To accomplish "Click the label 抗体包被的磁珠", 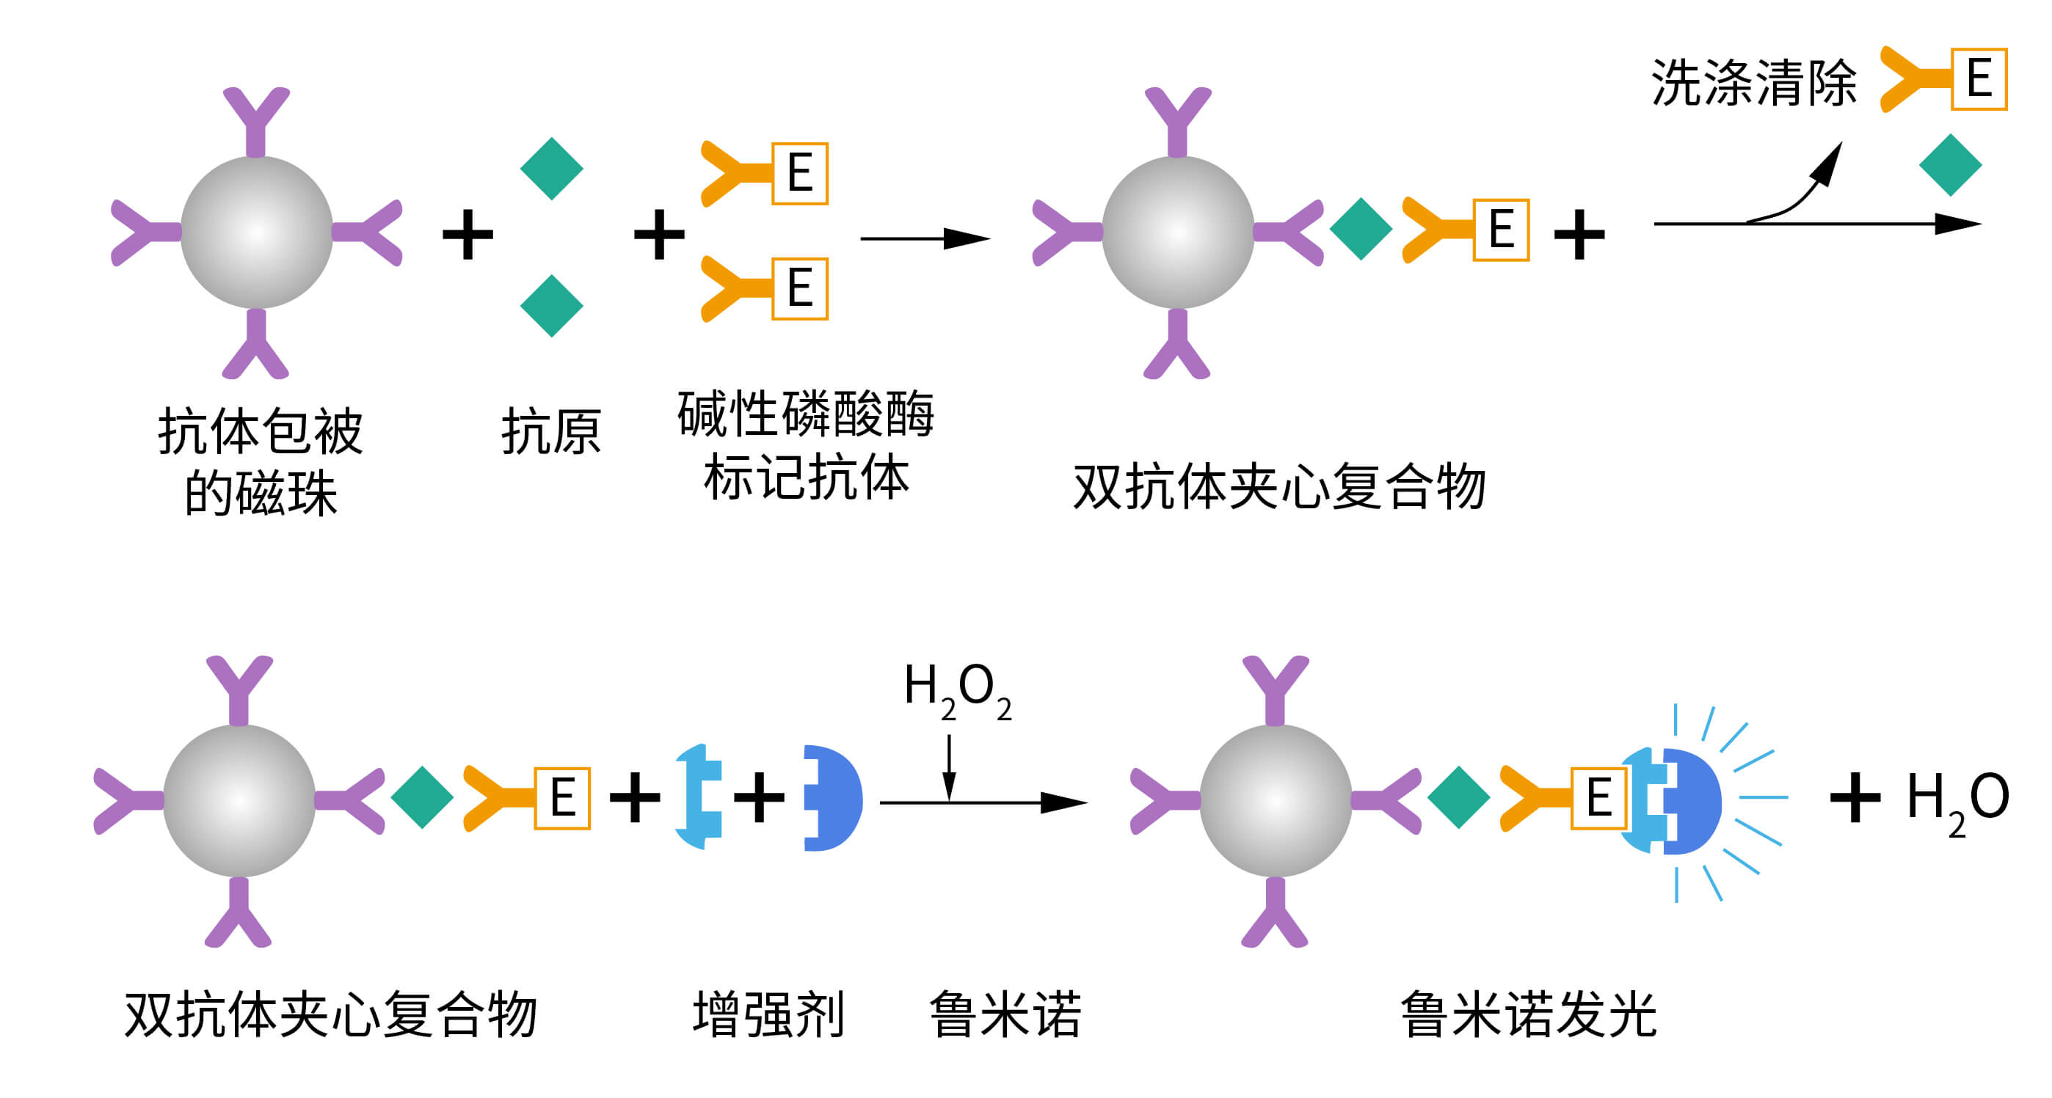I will (x=260, y=462).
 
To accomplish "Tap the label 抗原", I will (x=550, y=432).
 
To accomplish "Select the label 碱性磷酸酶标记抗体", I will (x=805, y=446).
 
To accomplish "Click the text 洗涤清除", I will (x=1753, y=82).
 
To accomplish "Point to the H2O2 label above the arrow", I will (x=957, y=689).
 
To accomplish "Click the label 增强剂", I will (x=768, y=1015).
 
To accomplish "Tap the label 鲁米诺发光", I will (x=1528, y=1015).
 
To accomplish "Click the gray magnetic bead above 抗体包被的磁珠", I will (x=257, y=233).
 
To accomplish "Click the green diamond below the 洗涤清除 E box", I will (x=1950, y=166).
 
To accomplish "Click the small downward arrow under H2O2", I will (x=949, y=769).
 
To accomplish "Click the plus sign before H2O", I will (x=1855, y=797).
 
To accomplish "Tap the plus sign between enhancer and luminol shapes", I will (x=758, y=797).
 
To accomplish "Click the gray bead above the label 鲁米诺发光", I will (x=1276, y=801).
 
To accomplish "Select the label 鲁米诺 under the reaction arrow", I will (x=1005, y=1015).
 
